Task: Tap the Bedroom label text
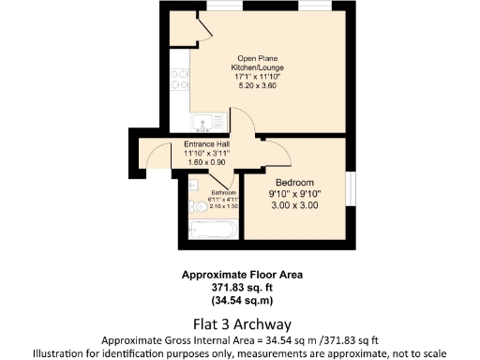point(294,182)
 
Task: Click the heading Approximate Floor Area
point(242,276)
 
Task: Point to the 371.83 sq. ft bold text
point(242,288)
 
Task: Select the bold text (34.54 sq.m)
point(242,300)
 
